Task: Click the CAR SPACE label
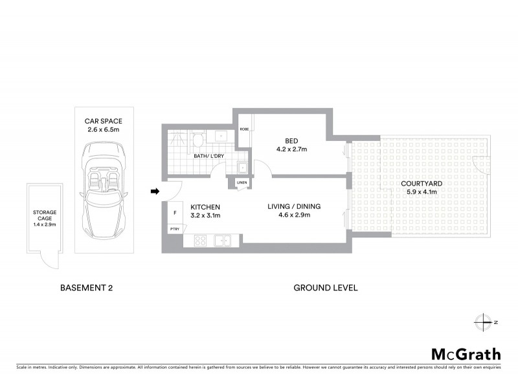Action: (103, 121)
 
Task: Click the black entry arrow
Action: (155, 191)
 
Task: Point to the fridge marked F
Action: (175, 212)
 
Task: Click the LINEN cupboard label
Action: (242, 182)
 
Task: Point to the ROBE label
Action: (244, 129)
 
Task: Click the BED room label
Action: (291, 140)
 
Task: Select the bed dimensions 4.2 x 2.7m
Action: (291, 149)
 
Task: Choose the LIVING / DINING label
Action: (295, 207)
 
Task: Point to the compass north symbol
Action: (483, 321)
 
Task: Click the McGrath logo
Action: (466, 354)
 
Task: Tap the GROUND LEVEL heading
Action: (326, 288)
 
